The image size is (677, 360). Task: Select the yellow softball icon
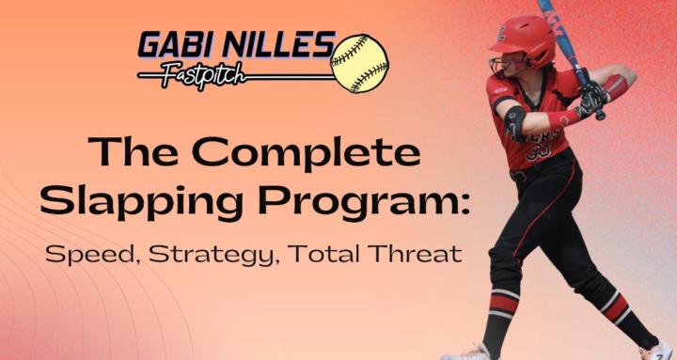point(359,63)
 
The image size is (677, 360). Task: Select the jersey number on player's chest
point(541,150)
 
